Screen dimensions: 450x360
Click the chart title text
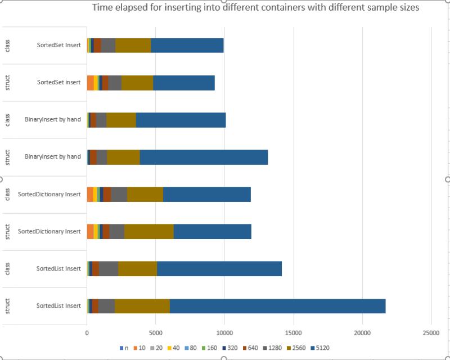(x=255, y=7)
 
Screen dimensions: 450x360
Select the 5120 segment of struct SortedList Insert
(x=277, y=306)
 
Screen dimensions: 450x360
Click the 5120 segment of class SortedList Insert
(x=219, y=269)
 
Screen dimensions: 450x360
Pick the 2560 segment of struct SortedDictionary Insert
(x=149, y=231)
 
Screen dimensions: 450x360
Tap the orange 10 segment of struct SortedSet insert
(x=91, y=83)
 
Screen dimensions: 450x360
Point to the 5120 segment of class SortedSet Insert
(x=187, y=46)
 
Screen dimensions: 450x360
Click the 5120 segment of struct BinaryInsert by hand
(x=204, y=157)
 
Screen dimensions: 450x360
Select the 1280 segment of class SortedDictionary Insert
(x=119, y=195)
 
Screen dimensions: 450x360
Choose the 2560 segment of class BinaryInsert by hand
(x=121, y=120)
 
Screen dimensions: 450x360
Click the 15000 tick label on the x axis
(x=294, y=333)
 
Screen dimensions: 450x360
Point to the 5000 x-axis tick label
(x=156, y=333)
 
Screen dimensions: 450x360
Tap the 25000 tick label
(x=431, y=333)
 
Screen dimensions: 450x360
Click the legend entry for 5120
(x=320, y=348)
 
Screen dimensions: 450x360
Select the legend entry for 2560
(x=296, y=348)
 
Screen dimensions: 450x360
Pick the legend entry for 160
(x=209, y=348)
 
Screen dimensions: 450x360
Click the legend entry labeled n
(x=124, y=348)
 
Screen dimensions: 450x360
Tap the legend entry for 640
(x=250, y=348)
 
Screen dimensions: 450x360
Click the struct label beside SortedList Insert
(x=7, y=306)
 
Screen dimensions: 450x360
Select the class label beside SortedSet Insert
(x=7, y=46)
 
